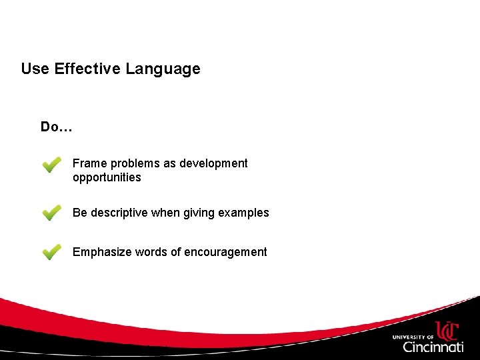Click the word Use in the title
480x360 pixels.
[x=35, y=69]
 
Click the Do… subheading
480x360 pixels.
[x=56, y=127]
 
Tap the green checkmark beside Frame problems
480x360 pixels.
[x=51, y=165]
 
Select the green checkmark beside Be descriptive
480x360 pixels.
[x=51, y=213]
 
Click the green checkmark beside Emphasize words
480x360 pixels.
[x=51, y=252]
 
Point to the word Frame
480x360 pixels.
[x=88, y=163]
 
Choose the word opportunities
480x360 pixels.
[x=107, y=177]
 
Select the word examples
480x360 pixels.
[x=243, y=213]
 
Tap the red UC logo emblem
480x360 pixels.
[x=447, y=331]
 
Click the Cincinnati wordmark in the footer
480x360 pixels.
[x=433, y=347]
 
